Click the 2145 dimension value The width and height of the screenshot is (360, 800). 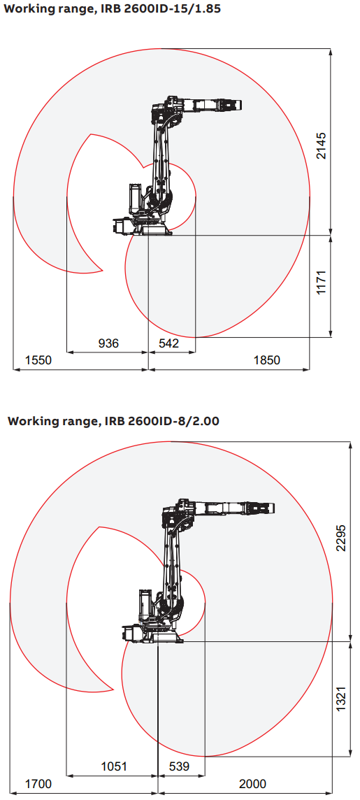[321, 146]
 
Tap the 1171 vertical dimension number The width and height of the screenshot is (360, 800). [321, 282]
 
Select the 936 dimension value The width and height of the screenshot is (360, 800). [108, 343]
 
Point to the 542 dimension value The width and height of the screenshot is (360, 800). [168, 343]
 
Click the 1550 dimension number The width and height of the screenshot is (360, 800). [38, 360]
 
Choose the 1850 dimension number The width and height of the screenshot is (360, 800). [267, 360]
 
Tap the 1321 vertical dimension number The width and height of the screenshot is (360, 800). [341, 700]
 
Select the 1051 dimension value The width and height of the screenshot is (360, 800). [114, 766]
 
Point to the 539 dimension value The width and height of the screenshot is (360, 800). [179, 766]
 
